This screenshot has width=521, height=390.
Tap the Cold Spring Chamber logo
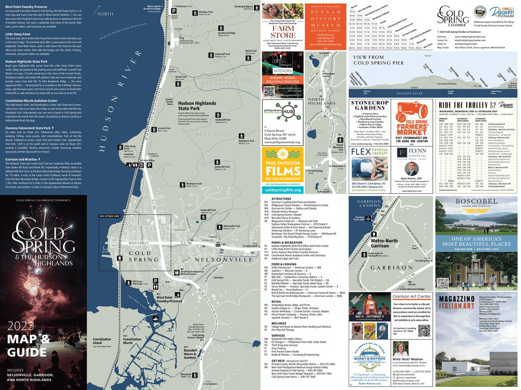click(452, 19)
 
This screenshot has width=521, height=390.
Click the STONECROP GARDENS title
click(368, 106)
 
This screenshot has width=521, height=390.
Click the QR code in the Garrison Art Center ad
click(424, 330)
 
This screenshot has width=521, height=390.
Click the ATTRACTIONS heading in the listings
click(281, 199)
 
